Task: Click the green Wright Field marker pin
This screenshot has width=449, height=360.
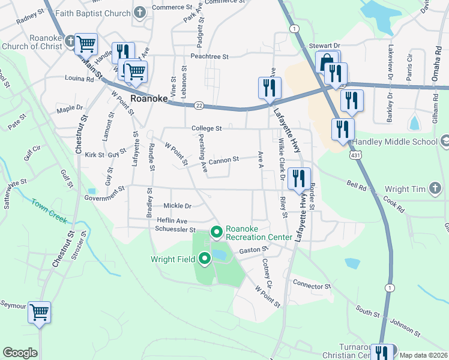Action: tap(205, 259)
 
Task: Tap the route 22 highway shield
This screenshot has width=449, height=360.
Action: tap(199, 106)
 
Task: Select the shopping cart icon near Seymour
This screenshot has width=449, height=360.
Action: tap(40, 312)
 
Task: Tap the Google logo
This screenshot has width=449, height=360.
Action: tap(20, 353)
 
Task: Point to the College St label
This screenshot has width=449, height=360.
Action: tap(207, 128)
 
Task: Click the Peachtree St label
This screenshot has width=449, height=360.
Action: tap(210, 56)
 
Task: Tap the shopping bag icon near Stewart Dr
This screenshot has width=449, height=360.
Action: tap(326, 62)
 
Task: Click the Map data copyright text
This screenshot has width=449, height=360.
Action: tap(422, 355)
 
